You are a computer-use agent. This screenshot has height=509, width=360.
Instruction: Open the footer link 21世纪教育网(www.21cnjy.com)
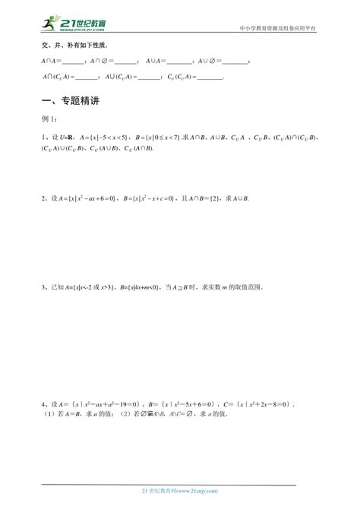180,493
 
